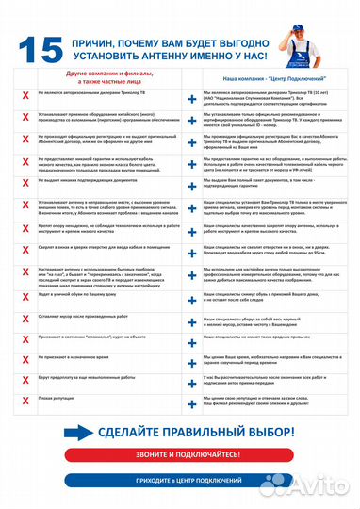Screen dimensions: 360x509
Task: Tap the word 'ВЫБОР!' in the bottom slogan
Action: pos(270,430)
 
